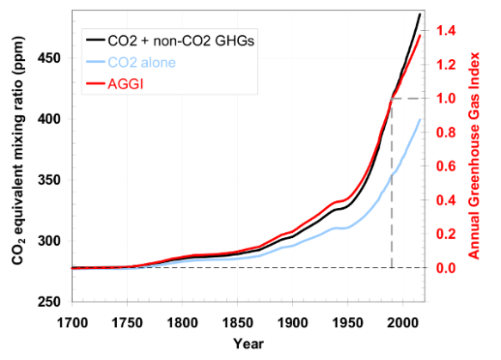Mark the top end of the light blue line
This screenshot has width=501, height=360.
420,119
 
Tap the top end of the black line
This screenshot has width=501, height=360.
420,14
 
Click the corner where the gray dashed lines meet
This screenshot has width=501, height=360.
393,99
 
